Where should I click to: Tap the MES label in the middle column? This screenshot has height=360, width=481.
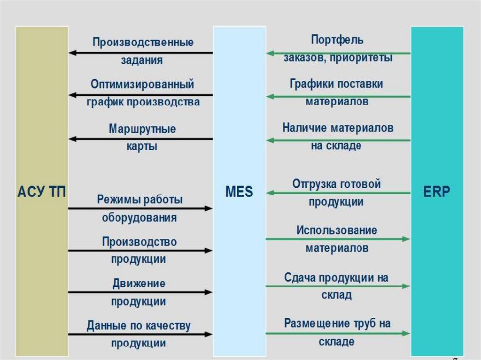click(239, 191)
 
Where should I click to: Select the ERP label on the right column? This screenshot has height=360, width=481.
click(436, 191)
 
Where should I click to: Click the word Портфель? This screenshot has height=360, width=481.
click(337, 40)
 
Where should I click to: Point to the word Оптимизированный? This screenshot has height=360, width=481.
click(142, 84)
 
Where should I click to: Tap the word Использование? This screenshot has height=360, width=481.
click(336, 230)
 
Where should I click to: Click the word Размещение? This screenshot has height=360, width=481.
click(316, 323)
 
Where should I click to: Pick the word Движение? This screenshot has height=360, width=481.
click(139, 283)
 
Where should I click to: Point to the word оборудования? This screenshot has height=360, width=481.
click(139, 218)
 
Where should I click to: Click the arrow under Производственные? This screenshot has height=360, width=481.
click(140, 53)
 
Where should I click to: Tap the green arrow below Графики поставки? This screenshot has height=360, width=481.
click(338, 97)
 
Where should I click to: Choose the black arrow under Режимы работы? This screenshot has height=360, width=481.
click(140, 208)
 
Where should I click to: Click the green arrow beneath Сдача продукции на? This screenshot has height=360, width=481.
click(338, 286)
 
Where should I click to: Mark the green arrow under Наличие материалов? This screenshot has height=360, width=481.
click(338, 140)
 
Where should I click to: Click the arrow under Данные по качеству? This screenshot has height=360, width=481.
click(140, 335)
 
